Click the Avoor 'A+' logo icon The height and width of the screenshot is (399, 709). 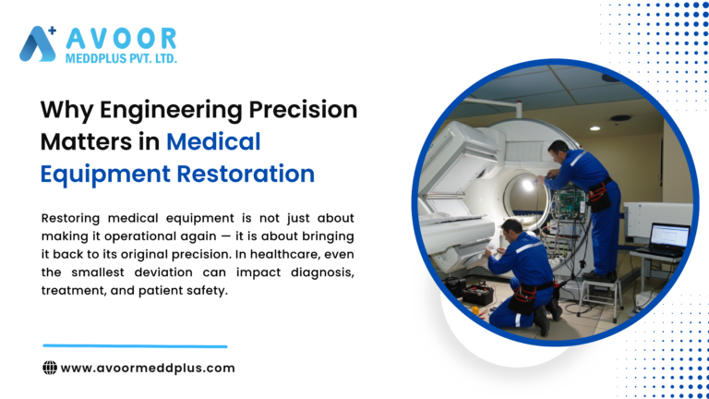coord(38,43)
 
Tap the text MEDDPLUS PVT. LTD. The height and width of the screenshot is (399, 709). coord(120,58)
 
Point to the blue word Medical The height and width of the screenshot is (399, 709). coord(214,141)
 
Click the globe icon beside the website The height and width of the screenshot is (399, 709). coord(50,368)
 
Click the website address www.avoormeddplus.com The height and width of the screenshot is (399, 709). coord(148,368)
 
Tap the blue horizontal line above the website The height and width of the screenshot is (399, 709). coord(135,346)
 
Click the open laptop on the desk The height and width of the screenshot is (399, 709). coord(667,238)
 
